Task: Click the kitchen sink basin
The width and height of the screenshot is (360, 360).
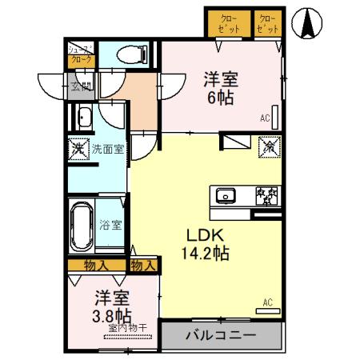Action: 226,195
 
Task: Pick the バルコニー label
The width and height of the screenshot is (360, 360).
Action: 222,334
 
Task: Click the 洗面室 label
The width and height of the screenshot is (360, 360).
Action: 106,148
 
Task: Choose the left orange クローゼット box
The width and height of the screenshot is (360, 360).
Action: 228,22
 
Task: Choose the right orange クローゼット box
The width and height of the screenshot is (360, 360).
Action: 269,22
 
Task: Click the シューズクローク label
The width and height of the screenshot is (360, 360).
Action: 80,54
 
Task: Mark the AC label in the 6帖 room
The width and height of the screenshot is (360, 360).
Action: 264,119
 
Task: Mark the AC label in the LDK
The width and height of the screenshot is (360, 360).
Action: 269,301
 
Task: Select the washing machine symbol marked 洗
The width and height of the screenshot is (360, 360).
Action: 78,149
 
